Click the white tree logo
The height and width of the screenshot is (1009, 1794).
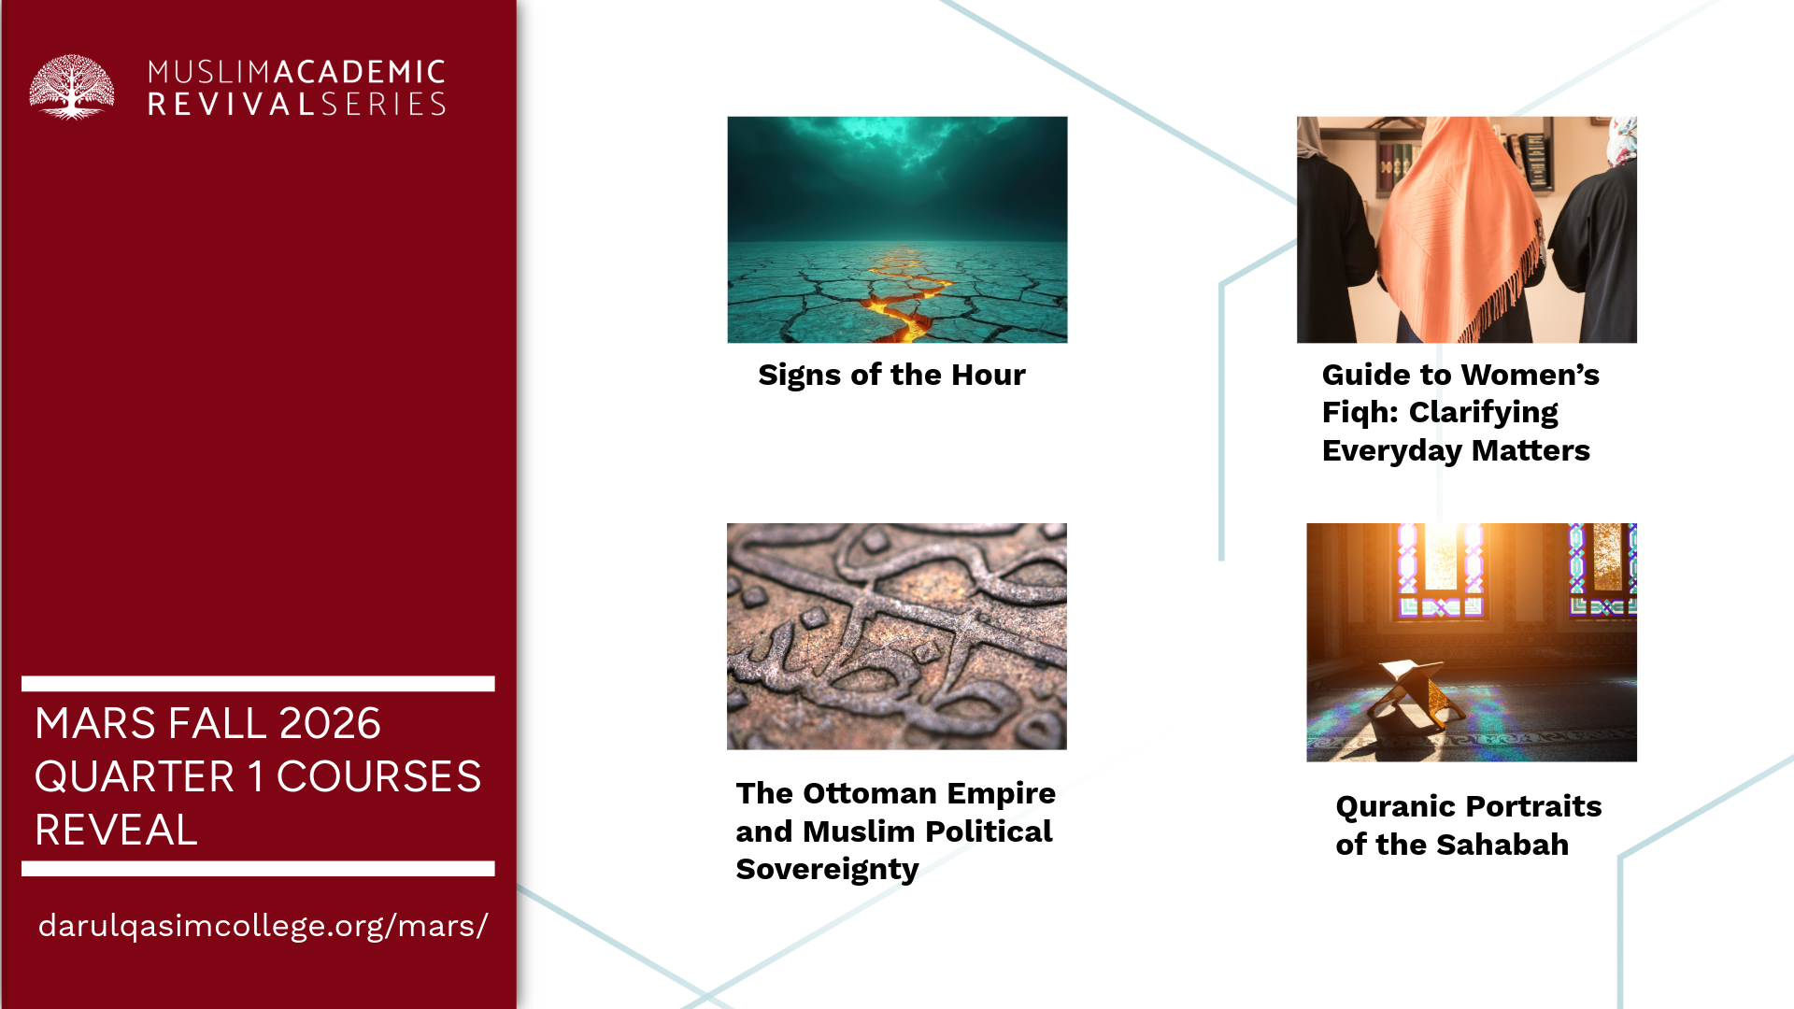[72, 87]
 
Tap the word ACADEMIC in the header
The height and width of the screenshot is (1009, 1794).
[360, 72]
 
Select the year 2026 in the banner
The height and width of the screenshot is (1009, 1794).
[330, 723]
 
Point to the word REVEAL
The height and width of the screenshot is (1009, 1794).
[116, 830]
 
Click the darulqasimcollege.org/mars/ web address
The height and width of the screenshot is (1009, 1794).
[263, 926]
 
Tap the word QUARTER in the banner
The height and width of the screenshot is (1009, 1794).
[135, 776]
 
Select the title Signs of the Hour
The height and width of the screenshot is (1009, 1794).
[891, 375]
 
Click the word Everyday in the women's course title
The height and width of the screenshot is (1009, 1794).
[1391, 451]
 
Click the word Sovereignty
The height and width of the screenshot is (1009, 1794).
[827, 870]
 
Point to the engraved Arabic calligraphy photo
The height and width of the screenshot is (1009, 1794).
[897, 636]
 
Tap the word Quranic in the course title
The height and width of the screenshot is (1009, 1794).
[1397, 806]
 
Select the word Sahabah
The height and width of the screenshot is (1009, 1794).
[1502, 845]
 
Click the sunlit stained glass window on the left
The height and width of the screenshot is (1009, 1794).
[1440, 570]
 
